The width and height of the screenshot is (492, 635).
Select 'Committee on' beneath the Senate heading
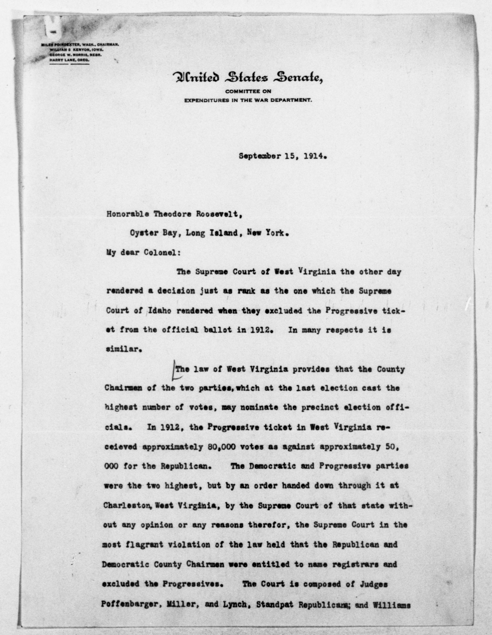[248, 91]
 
